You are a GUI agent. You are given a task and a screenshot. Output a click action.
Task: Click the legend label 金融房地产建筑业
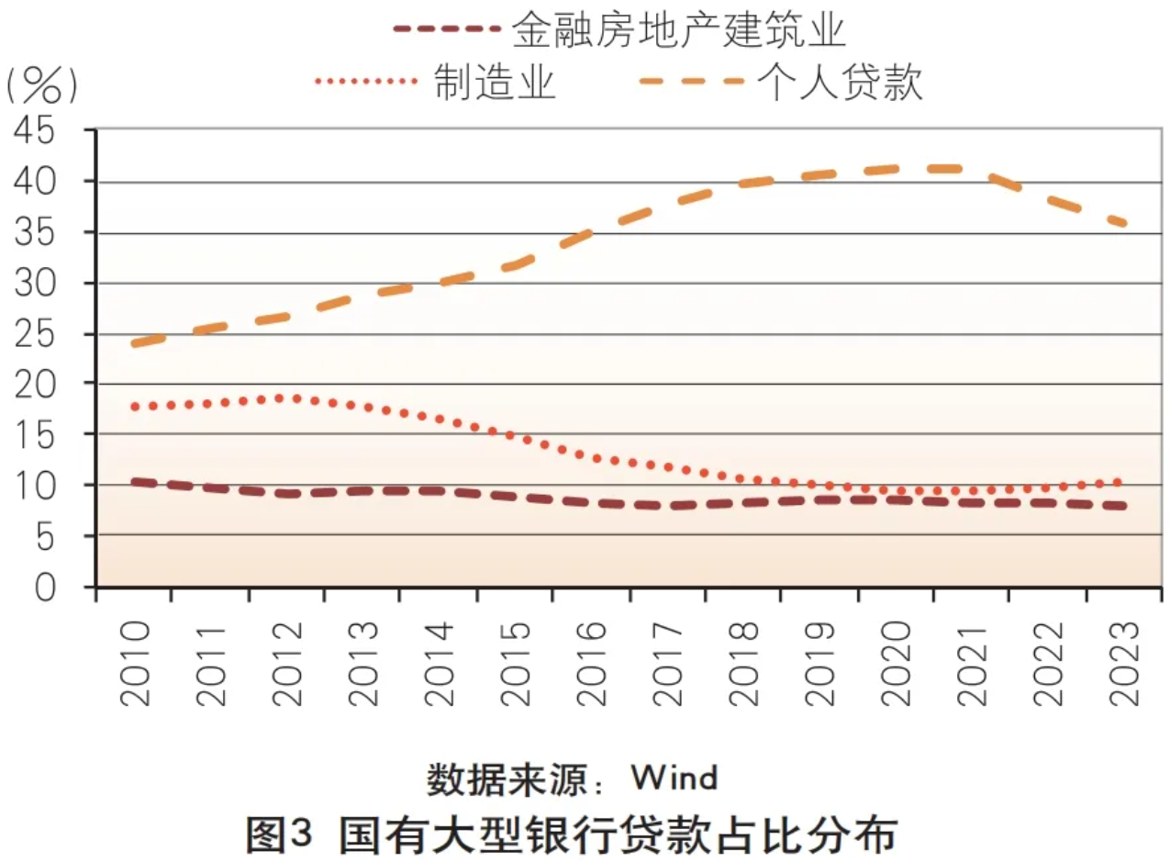[679, 29]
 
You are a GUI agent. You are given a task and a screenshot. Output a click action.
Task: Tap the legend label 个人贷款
[840, 83]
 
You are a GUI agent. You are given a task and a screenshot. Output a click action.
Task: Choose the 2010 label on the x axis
[134, 664]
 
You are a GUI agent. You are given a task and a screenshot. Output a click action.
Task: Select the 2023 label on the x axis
[1123, 664]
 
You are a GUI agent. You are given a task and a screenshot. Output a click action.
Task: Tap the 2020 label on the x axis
[896, 664]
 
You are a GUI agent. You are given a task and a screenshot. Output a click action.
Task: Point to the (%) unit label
[41, 85]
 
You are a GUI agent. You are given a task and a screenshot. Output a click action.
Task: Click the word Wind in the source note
[674, 778]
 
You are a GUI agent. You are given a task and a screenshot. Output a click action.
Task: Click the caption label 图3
[281, 834]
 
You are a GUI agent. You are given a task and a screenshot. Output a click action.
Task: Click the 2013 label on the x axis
[362, 664]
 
